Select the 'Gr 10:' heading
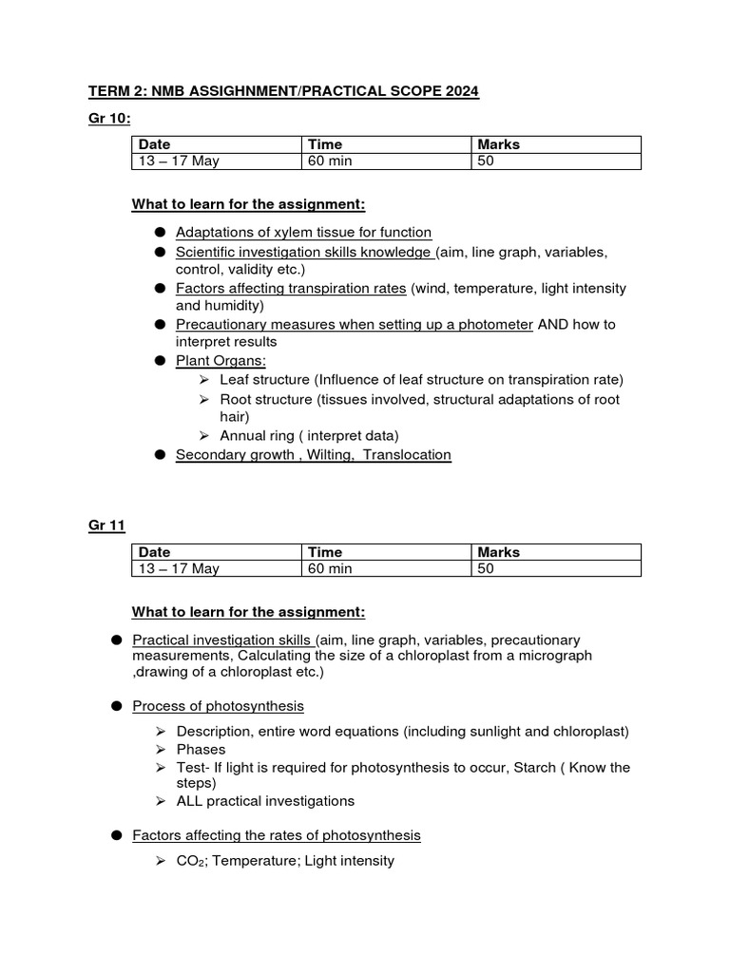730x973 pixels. (107, 118)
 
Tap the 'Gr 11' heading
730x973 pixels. (106, 525)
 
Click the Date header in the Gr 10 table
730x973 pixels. (154, 144)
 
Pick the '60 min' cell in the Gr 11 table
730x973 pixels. (329, 568)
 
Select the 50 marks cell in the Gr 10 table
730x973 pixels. (486, 162)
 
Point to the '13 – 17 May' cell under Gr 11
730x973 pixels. (179, 568)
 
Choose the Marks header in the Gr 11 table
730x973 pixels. (498, 552)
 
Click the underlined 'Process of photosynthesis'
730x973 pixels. (219, 705)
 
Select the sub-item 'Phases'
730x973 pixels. (201, 749)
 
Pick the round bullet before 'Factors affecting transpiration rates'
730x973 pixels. (161, 288)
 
